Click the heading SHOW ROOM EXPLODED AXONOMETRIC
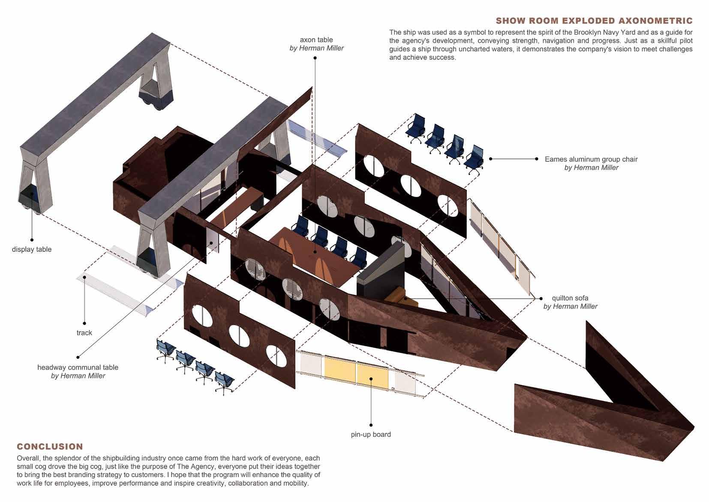point(594,21)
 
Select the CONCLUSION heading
point(50,447)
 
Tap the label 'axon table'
point(316,40)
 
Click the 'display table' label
point(32,249)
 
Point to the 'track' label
point(84,333)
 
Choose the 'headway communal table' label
point(78,367)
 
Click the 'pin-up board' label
point(371,434)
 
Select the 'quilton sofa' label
point(570,298)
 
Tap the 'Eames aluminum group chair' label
point(591,159)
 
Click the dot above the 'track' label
point(84,323)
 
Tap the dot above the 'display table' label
point(32,240)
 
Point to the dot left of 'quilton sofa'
point(541,298)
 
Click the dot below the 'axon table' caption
point(315,57)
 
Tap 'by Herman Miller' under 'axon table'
point(316,48)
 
